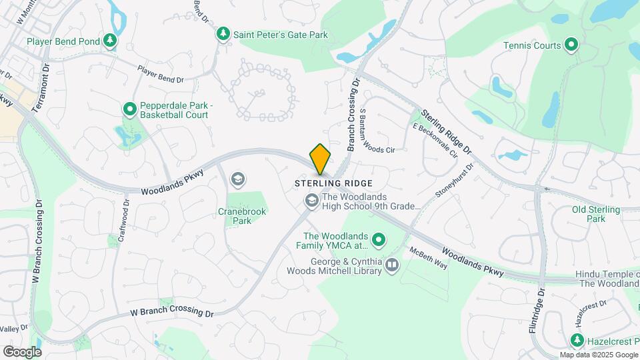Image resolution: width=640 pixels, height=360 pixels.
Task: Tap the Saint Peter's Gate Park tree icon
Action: click(x=223, y=33)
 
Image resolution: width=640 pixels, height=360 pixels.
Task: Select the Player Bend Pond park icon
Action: click(x=110, y=41)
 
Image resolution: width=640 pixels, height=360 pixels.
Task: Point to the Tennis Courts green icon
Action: click(x=571, y=45)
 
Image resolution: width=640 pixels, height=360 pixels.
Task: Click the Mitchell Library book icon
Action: click(x=392, y=266)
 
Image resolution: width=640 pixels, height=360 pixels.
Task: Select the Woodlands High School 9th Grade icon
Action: click(x=311, y=200)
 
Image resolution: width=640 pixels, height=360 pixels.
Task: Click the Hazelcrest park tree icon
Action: click(x=578, y=341)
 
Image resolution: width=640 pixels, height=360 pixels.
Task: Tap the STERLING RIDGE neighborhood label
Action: click(x=333, y=183)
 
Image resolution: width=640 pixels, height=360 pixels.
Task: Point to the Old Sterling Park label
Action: click(x=596, y=214)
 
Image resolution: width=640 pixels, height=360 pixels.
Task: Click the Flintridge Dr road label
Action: click(x=541, y=309)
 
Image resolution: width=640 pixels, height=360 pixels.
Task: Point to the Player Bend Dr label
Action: click(x=160, y=74)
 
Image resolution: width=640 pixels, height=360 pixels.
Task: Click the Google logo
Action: click(x=22, y=351)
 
